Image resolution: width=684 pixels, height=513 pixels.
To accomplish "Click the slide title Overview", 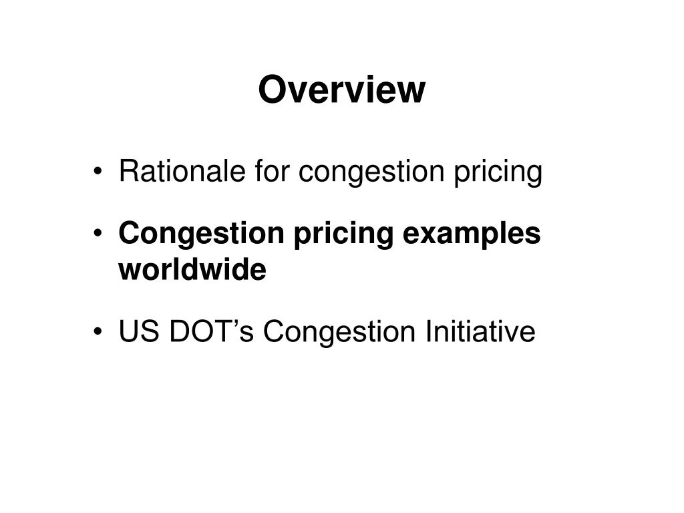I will coord(341,90).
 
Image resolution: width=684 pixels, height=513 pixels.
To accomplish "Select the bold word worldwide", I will coord(192,271).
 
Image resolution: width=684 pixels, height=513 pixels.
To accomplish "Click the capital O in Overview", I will coord(272,90).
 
